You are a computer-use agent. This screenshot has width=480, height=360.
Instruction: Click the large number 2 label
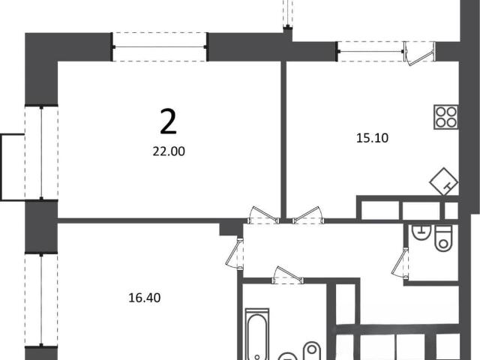168,122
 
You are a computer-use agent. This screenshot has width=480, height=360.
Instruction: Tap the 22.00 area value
169,151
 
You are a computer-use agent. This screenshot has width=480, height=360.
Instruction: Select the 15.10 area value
372,138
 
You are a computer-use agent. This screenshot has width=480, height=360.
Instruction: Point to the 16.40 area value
144,298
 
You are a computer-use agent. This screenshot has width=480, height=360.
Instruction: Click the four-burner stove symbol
446,117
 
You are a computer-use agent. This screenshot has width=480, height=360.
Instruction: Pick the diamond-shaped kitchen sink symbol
444,181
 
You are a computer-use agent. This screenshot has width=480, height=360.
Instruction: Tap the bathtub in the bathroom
257,334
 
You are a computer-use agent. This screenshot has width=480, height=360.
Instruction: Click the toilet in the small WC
443,238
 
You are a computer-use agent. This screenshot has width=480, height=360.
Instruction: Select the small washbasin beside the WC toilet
421,232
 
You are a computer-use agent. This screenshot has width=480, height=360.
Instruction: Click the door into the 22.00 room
264,215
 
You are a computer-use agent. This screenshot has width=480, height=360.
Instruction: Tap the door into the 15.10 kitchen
307,215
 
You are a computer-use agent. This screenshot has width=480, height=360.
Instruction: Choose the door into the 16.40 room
235,253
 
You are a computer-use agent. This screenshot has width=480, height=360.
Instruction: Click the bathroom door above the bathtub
287,275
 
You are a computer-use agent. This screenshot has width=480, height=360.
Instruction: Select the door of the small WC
400,263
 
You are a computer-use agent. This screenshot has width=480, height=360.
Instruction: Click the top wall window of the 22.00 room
160,46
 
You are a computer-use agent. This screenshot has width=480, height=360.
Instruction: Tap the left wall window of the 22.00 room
41,153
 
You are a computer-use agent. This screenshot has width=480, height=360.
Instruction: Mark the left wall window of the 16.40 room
41,300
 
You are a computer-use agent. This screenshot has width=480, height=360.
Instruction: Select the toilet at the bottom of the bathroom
312,351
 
